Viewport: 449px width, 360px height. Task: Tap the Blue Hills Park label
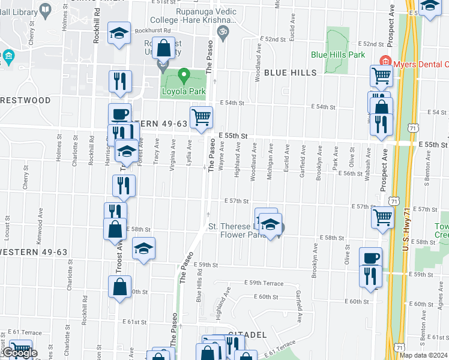[x=338, y=55]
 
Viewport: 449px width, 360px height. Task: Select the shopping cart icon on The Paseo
[x=201, y=117]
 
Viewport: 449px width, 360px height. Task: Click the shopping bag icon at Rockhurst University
[x=163, y=48]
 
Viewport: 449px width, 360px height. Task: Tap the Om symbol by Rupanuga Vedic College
[x=223, y=29]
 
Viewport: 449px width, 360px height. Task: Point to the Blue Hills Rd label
[x=198, y=289]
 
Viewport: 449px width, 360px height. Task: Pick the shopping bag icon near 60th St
[x=120, y=287]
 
